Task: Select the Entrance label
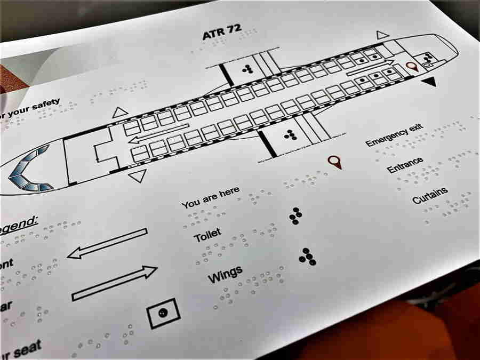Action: pos(405,165)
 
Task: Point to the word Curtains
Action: pos(430,195)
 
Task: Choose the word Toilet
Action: pos(207,234)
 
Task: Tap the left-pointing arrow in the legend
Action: pos(107,244)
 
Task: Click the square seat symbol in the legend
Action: pos(163,314)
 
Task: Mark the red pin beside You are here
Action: pos(334,162)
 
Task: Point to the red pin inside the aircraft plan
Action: pos(411,67)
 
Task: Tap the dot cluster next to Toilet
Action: pos(295,215)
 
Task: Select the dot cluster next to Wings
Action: pos(307,257)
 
